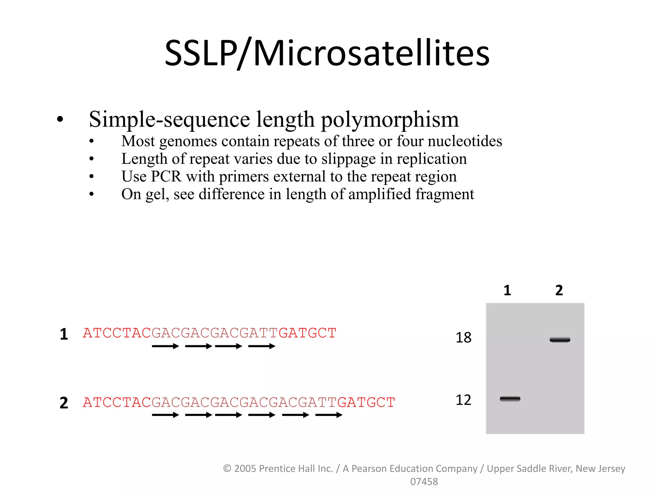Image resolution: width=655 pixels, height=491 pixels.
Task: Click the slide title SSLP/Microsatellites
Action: (x=327, y=53)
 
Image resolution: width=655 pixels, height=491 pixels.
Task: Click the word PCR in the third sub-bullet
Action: (x=166, y=176)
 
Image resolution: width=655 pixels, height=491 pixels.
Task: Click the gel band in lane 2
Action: (x=560, y=339)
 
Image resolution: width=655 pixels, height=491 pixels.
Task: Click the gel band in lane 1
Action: (x=510, y=399)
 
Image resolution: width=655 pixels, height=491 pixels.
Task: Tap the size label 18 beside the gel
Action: (x=463, y=338)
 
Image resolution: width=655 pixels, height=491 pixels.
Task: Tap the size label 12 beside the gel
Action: (x=463, y=400)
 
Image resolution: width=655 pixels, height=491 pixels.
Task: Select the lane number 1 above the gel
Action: (x=507, y=290)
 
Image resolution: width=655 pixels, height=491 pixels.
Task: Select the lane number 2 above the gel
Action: (x=559, y=290)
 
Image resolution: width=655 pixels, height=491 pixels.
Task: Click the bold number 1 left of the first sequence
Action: (x=64, y=334)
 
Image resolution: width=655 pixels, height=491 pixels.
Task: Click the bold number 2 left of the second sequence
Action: (x=64, y=403)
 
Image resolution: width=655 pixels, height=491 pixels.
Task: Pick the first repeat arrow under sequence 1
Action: (x=165, y=346)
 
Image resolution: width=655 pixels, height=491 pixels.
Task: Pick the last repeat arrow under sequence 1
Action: (x=262, y=346)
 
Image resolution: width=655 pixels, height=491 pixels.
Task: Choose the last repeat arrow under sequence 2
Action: (x=328, y=415)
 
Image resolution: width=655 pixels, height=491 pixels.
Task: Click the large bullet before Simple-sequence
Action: (x=60, y=120)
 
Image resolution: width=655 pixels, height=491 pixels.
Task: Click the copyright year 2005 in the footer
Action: (x=245, y=468)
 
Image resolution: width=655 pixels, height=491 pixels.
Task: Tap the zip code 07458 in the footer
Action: (x=424, y=481)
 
